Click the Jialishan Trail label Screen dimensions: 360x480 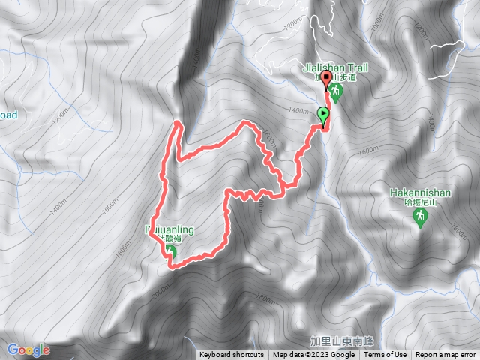pyautogui.click(x=336, y=67)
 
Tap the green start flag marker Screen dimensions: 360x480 pyautogui.click(x=324, y=116)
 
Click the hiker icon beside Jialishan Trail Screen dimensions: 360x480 pyautogui.click(x=336, y=93)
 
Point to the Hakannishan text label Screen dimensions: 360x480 pyautogui.click(x=420, y=192)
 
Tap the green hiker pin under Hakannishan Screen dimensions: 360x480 pyautogui.click(x=420, y=217)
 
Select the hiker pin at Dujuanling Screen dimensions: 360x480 pyautogui.click(x=171, y=251)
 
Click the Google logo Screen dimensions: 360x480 pyautogui.click(x=28, y=349)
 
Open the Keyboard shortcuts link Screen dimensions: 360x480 pyautogui.click(x=231, y=355)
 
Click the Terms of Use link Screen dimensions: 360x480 pyautogui.click(x=385, y=355)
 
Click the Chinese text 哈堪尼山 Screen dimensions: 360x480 pyautogui.click(x=420, y=202)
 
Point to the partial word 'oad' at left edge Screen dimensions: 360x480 pyautogui.click(x=8, y=115)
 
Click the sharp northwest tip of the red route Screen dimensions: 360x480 pyautogui.click(x=177, y=121)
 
